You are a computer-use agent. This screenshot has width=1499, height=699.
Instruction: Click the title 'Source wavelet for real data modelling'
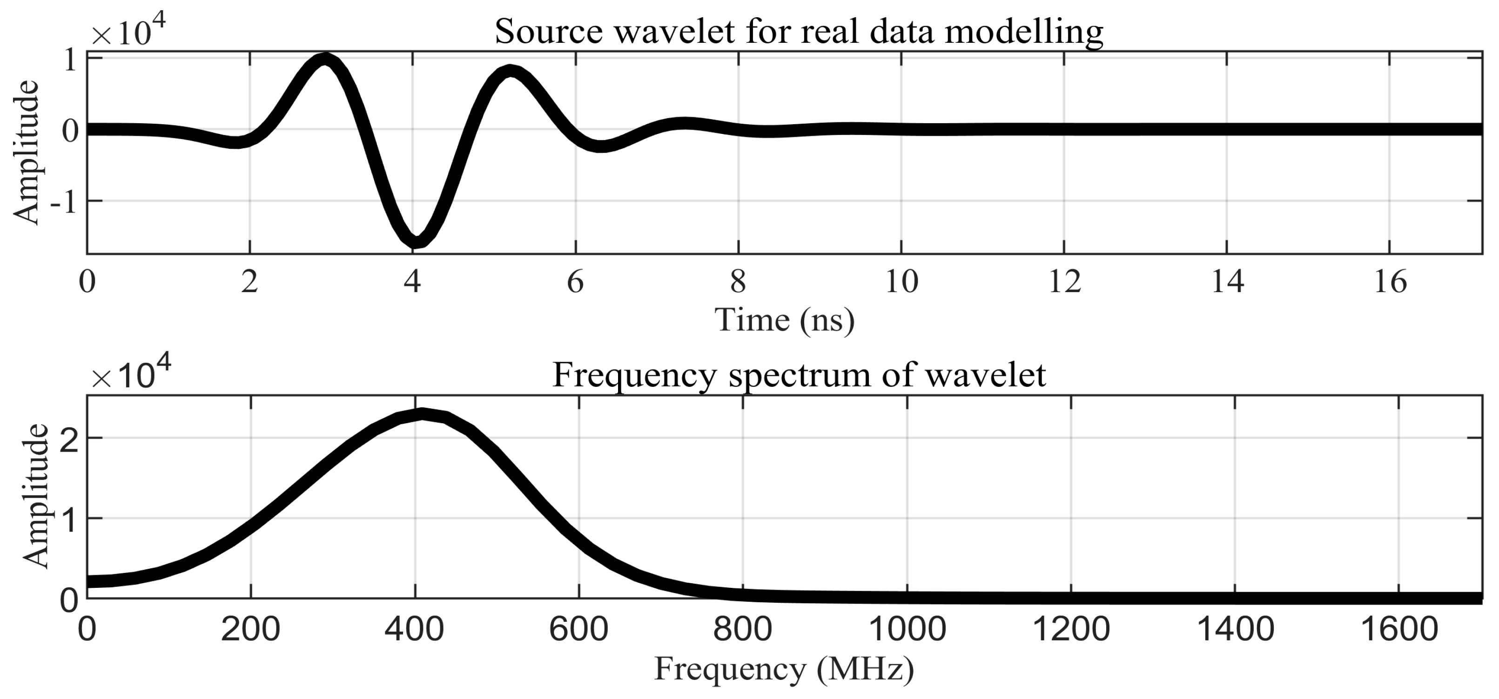click(799, 32)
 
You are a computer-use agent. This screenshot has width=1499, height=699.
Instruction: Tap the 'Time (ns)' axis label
click(785, 319)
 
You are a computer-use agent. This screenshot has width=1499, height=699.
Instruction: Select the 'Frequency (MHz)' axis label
click(785, 669)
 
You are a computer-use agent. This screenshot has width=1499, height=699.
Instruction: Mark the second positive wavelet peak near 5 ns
click(511, 73)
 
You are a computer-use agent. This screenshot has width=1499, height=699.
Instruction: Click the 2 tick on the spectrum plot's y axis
click(70, 438)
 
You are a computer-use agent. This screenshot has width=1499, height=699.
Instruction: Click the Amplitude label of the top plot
click(26, 153)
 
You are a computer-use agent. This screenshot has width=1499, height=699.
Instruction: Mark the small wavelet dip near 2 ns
click(235, 142)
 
